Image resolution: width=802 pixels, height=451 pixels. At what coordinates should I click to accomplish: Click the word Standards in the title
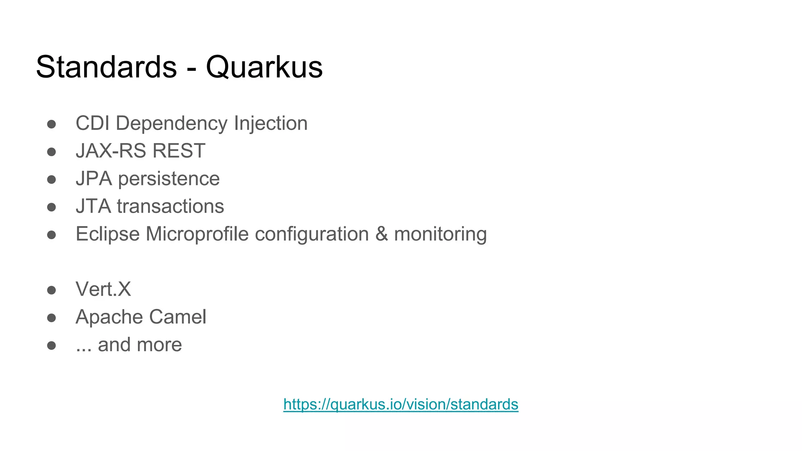tap(106, 67)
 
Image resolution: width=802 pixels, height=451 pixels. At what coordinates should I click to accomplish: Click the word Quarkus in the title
tap(264, 67)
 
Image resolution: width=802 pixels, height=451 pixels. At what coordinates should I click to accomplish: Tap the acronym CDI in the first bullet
tap(92, 123)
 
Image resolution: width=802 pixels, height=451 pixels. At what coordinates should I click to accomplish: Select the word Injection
tap(271, 123)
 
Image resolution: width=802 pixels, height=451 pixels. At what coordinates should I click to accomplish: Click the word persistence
tap(169, 179)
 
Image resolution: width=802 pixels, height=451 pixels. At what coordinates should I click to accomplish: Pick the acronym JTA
tap(93, 206)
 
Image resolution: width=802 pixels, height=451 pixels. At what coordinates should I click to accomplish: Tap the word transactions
tap(170, 206)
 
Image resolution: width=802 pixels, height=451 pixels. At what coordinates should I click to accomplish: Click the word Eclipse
tap(108, 234)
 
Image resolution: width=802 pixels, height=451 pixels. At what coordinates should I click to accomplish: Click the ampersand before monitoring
tap(381, 234)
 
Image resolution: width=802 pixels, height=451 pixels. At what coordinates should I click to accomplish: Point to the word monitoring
tap(440, 234)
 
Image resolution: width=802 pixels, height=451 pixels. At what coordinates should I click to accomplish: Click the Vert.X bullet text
tap(103, 289)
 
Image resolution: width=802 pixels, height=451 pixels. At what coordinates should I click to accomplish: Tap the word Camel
tap(177, 317)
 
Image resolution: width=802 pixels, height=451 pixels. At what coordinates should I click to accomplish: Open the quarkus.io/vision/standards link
tap(401, 404)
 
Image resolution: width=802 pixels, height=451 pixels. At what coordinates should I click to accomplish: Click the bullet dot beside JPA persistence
tap(51, 180)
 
